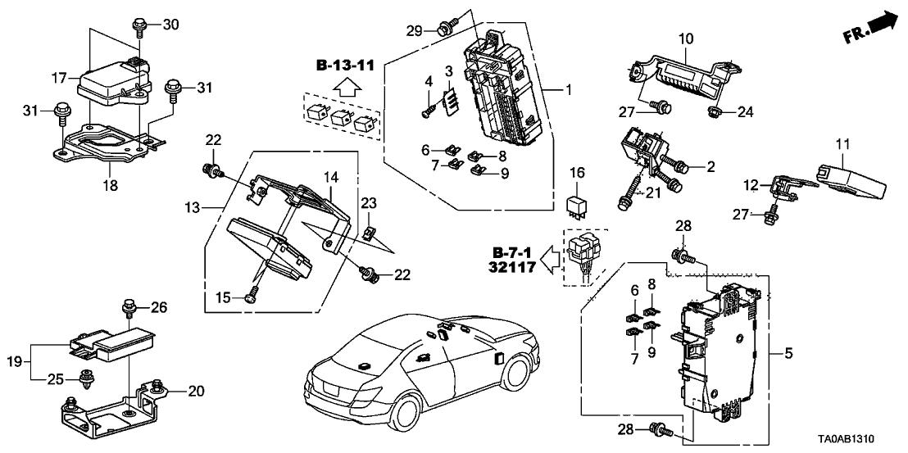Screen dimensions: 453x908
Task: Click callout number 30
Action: [x=170, y=25]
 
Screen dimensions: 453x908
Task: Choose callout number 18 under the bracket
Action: [x=110, y=186]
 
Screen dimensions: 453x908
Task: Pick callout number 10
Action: [x=686, y=38]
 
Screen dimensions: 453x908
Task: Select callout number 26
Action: [x=160, y=308]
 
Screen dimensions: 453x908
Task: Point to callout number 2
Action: [x=711, y=167]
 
